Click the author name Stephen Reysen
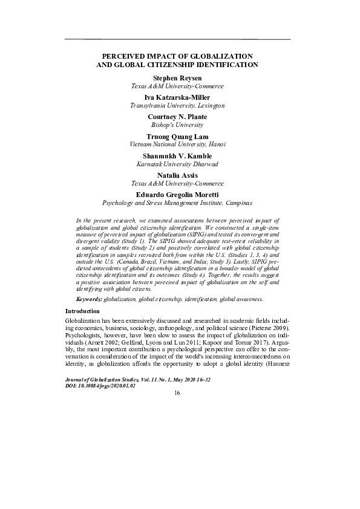point(177,78)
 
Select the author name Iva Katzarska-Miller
point(177,97)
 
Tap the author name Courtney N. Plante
point(177,115)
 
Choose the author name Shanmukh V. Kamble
point(177,156)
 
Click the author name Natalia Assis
point(177,175)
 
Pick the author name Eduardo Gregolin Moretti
point(177,194)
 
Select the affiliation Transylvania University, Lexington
point(177,105)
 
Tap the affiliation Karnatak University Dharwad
point(177,164)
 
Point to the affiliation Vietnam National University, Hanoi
point(177,145)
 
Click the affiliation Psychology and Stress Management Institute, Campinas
point(177,203)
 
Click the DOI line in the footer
point(100,384)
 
